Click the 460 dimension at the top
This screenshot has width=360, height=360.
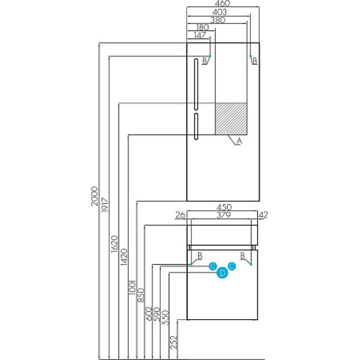[x=222, y=4]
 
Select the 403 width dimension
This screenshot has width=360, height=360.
[x=220, y=12]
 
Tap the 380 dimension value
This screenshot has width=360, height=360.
[x=218, y=20]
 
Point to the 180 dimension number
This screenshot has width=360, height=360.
[x=203, y=28]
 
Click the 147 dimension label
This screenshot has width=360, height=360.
[x=200, y=35]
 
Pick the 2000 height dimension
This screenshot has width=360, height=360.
[x=94, y=196]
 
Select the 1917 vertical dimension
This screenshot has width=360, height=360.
[x=104, y=205]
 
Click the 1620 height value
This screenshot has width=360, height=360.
[x=114, y=244]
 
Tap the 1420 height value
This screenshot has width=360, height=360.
[x=124, y=257]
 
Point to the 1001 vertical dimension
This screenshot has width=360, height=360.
[x=133, y=287]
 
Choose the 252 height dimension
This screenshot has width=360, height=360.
[x=174, y=342]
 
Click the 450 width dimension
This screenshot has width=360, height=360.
[x=224, y=207]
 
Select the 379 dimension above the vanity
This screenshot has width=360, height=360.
[x=224, y=215]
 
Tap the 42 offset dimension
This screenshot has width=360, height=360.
[x=263, y=215]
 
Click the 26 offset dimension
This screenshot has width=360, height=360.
[x=180, y=215]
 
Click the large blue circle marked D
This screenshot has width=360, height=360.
[x=222, y=273]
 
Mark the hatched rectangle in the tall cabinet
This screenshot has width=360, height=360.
[x=231, y=118]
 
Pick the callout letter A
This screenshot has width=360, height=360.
[x=239, y=141]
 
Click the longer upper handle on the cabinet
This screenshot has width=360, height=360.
[x=196, y=84]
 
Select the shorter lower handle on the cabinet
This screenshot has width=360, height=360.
[x=196, y=126]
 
